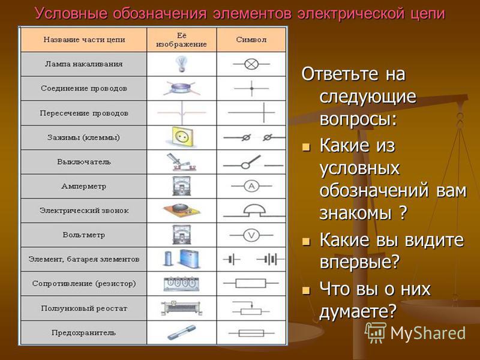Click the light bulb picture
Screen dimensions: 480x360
[x=181, y=64]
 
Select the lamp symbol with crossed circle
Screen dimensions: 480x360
[x=251, y=64]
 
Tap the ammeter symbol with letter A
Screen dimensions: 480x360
[x=251, y=186]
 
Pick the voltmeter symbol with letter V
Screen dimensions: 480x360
[x=251, y=235]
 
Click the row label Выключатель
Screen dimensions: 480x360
[x=84, y=162]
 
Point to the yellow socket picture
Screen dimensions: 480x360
[x=182, y=136]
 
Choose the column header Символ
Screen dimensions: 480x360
[x=251, y=40]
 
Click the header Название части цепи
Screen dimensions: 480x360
[x=84, y=40]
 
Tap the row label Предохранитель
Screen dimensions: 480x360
[x=83, y=333]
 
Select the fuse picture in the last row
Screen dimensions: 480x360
[x=182, y=332]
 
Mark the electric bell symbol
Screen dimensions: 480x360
[x=254, y=211]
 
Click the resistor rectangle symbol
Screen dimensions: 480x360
[x=251, y=283]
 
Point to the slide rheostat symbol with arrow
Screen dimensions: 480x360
[x=251, y=308]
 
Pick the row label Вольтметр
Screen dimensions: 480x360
[x=84, y=235]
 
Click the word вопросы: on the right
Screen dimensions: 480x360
[x=358, y=118]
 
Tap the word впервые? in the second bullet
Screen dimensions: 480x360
[x=359, y=261]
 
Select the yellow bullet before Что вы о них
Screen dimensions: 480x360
[x=305, y=290]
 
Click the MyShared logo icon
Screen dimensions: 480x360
[x=376, y=332]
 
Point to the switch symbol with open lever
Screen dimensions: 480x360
[x=253, y=162]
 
